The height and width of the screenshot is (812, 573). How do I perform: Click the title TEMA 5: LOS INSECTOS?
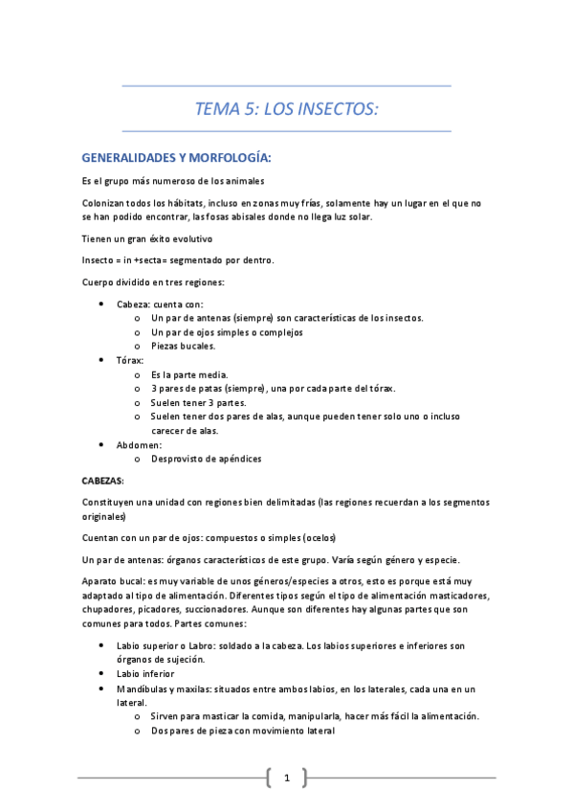pyautogui.click(x=287, y=108)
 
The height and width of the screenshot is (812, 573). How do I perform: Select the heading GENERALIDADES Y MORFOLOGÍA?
pyautogui.click(x=177, y=156)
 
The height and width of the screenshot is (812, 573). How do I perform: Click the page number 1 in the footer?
pyautogui.click(x=286, y=778)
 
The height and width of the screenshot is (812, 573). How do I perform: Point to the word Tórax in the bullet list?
pyautogui.click(x=130, y=360)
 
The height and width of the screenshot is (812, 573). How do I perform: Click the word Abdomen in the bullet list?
pyautogui.click(x=140, y=444)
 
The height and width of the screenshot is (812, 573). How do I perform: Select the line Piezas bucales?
pyautogui.click(x=184, y=346)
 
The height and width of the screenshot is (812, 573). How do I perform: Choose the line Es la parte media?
pyautogui.click(x=189, y=374)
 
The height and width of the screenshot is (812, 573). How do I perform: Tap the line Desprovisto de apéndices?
pyautogui.click(x=206, y=459)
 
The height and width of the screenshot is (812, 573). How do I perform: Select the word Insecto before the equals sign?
pyautogui.click(x=99, y=260)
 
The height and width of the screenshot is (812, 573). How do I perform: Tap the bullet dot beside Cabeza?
pyautogui.click(x=102, y=304)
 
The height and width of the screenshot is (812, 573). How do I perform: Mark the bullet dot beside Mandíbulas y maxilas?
pyautogui.click(x=102, y=688)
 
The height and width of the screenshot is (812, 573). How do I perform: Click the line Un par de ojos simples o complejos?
pyautogui.click(x=227, y=331)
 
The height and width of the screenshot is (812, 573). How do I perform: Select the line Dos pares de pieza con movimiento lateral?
pyautogui.click(x=243, y=731)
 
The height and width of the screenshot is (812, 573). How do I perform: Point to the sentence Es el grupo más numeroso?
pyautogui.click(x=173, y=181)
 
